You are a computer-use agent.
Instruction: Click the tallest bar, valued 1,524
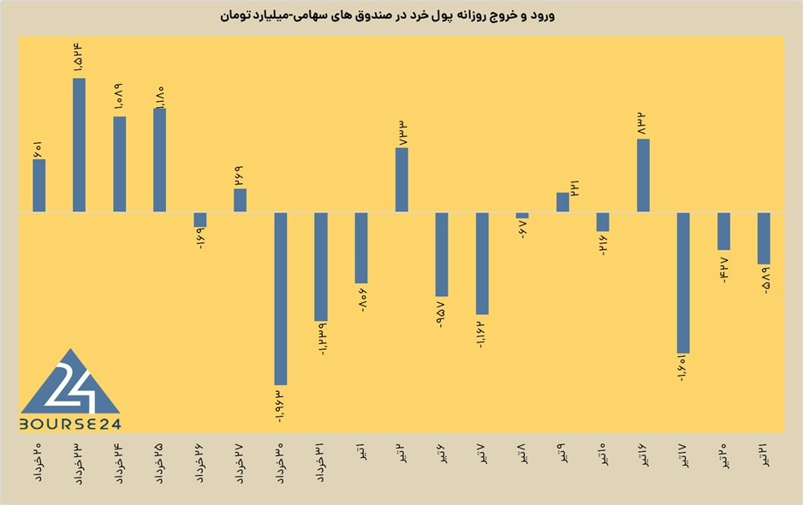coord(79,145)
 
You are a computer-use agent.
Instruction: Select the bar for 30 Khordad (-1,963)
coord(281,299)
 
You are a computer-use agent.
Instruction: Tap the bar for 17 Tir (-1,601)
coord(683,282)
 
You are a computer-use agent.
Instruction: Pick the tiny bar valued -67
coord(522,216)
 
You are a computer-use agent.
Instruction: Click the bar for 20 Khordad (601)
coord(39,186)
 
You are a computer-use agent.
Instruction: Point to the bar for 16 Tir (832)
coord(643,175)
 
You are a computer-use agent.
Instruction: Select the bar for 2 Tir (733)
coord(402,180)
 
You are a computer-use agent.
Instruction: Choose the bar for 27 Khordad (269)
coord(241,200)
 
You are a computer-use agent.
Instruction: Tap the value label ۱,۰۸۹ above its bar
coord(119,98)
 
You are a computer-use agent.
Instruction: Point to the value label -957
coord(441,314)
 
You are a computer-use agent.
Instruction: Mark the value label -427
coord(723,270)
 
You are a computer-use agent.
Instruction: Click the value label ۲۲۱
coord(574,188)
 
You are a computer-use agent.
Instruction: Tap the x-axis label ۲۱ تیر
coord(764,454)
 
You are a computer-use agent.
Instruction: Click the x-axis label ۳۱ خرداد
coord(321,462)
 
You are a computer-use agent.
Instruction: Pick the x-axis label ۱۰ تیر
coord(603,454)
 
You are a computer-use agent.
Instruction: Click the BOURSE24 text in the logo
coord(70,424)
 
